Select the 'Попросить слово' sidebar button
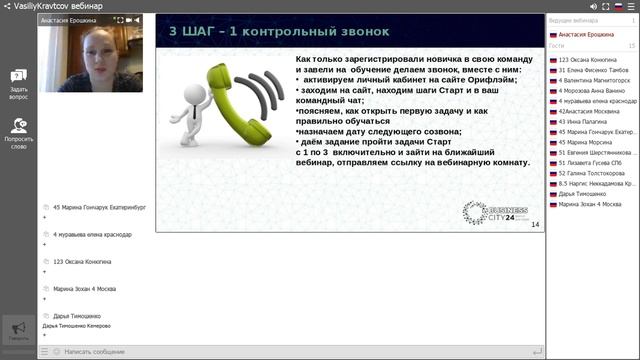point(18,132)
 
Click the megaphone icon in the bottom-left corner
point(17,329)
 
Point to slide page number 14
point(535,224)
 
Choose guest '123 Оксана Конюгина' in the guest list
point(590,60)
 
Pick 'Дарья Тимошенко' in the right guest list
point(586,193)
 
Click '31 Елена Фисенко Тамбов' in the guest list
point(593,71)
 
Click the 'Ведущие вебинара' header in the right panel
point(574,21)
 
